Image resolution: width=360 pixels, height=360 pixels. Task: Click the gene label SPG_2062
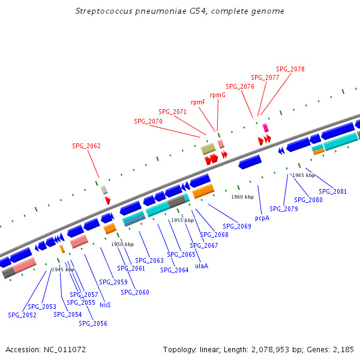[86, 146]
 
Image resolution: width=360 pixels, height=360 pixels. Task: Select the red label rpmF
[198, 102]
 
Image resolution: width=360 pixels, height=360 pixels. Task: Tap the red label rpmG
[218, 95]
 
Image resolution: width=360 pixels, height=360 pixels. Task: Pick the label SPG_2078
[290, 69]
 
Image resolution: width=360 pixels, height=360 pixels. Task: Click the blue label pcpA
[262, 218]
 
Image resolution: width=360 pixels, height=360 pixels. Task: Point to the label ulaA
[202, 266]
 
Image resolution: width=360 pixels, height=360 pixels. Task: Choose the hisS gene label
[105, 304]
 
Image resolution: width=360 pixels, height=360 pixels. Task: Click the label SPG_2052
[22, 315]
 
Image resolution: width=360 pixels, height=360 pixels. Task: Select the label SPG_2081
[332, 191]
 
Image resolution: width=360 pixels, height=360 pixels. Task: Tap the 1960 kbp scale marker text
[242, 197]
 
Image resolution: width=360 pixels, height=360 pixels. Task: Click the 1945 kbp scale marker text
[63, 269]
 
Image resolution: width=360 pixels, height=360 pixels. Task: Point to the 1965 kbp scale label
[303, 175]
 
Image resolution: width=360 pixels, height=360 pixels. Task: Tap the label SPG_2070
[148, 121]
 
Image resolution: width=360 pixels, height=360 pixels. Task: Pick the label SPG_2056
[93, 323]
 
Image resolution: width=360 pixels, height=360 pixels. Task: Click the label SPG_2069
[237, 226]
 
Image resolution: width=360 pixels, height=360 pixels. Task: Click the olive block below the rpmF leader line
[208, 149]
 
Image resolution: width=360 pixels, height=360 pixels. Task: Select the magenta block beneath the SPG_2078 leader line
[265, 128]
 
